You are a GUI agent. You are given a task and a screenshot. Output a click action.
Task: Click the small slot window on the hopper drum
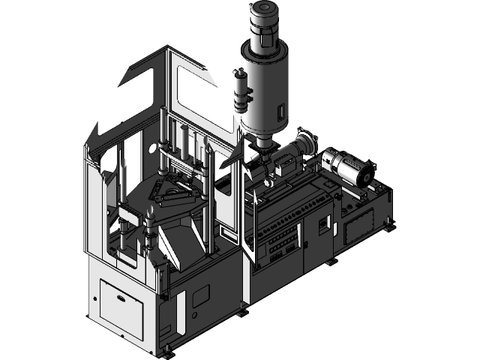click(x=281, y=113)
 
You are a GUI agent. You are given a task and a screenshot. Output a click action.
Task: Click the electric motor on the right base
click(x=348, y=168)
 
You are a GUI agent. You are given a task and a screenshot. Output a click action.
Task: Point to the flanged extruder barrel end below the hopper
click(x=304, y=142)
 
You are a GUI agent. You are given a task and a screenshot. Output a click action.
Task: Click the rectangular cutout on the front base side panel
click(x=201, y=297)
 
